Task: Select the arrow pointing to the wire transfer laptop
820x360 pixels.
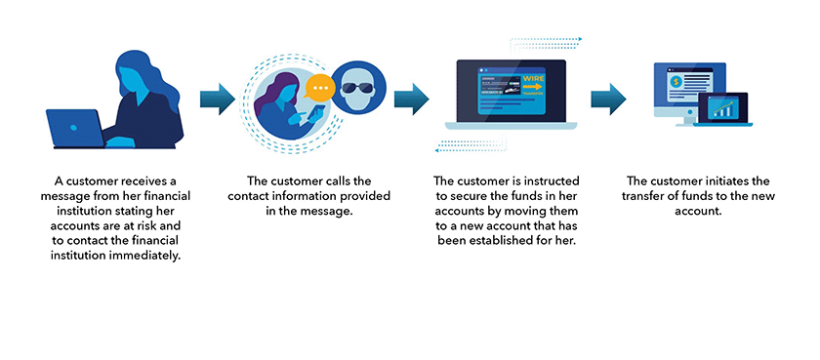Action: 412,99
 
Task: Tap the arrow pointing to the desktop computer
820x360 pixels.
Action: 608,99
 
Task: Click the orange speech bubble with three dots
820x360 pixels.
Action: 318,89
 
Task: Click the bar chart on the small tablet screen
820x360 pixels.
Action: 724,110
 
